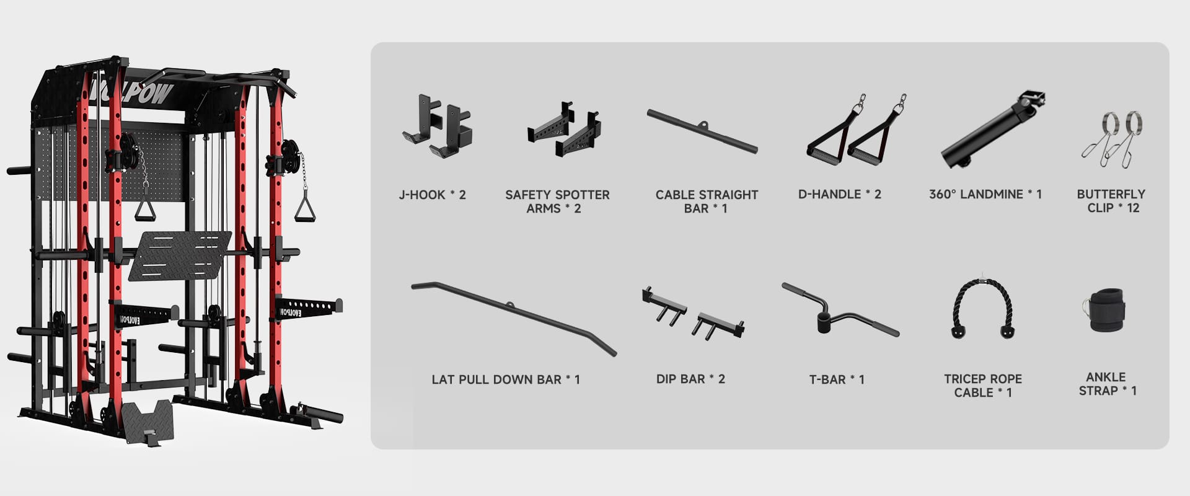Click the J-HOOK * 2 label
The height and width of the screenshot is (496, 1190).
432,195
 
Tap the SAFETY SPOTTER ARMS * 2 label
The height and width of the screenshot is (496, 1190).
557,201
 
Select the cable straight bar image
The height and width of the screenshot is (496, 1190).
702,131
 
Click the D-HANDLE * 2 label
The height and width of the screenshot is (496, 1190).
839,194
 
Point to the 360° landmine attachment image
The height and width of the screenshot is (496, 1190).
992,130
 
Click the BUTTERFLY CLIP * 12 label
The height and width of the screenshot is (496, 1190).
1111,201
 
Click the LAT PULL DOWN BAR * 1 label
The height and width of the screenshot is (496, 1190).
506,379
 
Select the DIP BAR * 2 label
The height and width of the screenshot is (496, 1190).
690,379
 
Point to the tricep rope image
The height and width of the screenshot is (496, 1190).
983,306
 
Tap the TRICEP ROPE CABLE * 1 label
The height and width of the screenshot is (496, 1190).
983,386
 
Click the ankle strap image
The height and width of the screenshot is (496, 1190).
1103,309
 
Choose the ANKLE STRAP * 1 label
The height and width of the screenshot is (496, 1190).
1108,384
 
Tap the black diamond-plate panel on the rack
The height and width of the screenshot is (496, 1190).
180,255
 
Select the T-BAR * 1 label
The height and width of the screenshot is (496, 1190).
837,379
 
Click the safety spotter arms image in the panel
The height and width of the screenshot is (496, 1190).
564,130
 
